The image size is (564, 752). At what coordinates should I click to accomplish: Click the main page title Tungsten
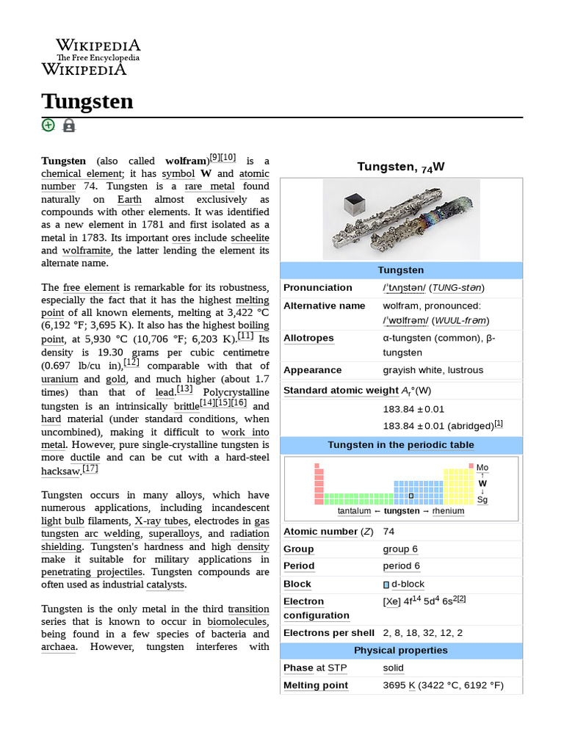coord(87,101)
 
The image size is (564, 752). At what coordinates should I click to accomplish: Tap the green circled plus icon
coord(48,125)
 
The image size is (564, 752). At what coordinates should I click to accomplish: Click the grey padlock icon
coord(69,126)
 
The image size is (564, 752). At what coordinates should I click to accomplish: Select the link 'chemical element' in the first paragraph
coord(71,173)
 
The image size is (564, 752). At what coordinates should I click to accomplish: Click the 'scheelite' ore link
coord(250,237)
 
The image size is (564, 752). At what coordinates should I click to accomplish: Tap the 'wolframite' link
coord(87,250)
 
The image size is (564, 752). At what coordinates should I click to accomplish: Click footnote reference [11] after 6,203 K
coord(245,336)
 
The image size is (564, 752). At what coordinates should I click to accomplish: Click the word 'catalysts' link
coord(165,585)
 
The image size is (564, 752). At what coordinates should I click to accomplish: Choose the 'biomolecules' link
coord(238,621)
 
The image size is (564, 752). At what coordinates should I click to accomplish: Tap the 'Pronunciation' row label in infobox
coord(317,288)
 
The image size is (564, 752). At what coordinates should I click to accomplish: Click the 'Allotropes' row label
coord(308,338)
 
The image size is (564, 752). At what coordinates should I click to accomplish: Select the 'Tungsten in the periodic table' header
coord(401,445)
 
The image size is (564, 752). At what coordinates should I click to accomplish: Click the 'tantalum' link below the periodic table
coord(354,511)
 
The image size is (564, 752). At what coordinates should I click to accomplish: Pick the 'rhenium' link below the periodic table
coord(448,511)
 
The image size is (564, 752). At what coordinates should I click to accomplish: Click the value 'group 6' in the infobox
coord(400,549)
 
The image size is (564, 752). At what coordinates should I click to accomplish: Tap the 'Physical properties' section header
coord(401,651)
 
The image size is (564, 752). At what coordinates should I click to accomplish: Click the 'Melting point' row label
coord(316,685)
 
